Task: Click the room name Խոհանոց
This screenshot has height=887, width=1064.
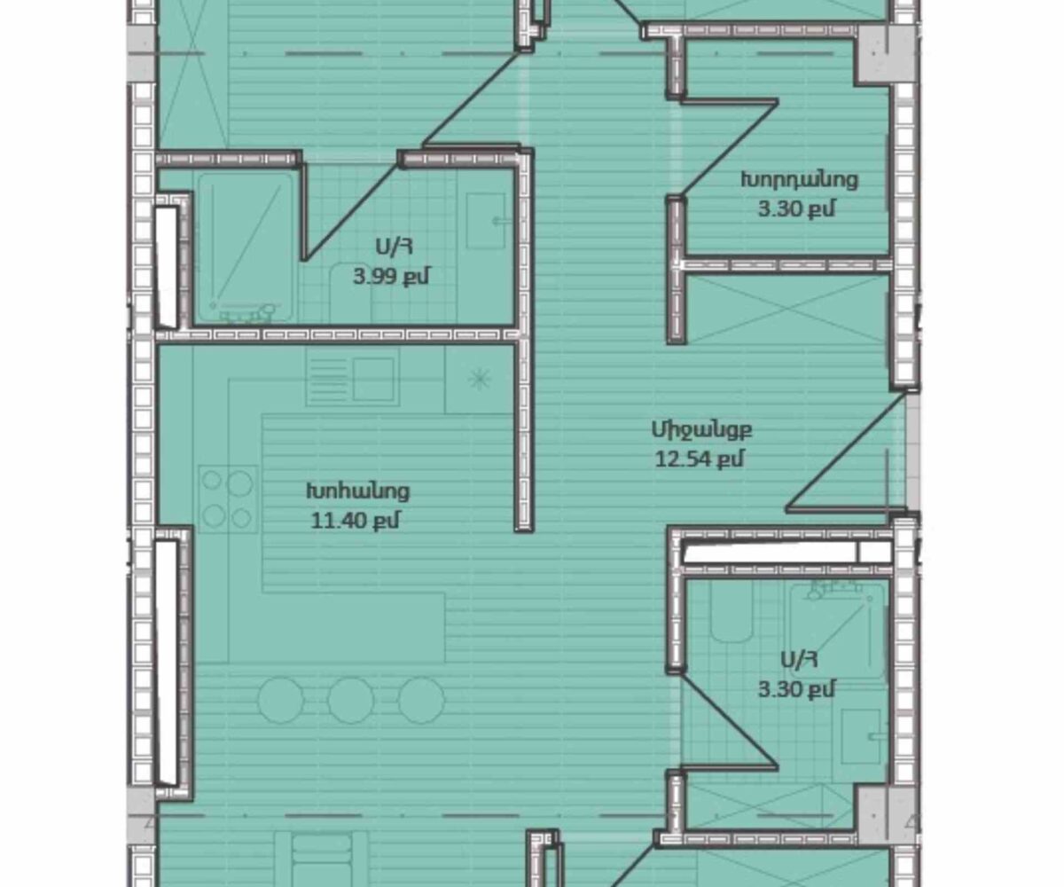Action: pos(357,491)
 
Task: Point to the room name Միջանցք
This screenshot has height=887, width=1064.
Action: pos(701,430)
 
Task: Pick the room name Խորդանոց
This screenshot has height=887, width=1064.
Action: pos(799,180)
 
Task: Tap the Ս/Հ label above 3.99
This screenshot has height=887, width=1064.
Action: pos(394,247)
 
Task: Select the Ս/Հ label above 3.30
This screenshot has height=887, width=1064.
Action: pos(799,661)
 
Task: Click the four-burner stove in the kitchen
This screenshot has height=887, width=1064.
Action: pos(228,499)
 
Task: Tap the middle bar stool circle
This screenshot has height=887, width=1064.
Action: pos(351,700)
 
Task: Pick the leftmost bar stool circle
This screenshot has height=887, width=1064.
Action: pos(281,700)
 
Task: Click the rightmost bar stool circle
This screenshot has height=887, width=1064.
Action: pos(421,700)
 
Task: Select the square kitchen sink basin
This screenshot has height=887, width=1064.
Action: pos(373,380)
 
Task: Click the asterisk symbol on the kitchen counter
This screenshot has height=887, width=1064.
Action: pos(480,380)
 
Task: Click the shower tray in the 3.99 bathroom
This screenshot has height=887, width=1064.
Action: pos(245,247)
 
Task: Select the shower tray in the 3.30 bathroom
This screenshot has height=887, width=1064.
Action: pos(837,631)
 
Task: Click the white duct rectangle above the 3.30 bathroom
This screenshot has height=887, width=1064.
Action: pos(786,553)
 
